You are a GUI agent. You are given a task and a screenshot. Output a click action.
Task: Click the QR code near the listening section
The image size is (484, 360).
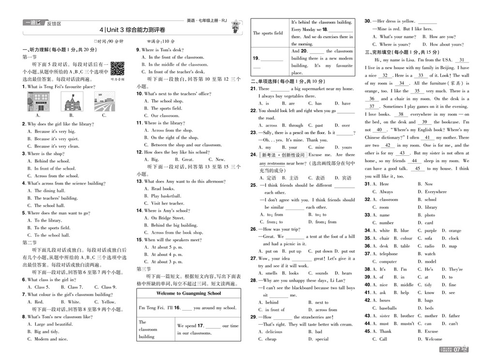(x=117, y=69)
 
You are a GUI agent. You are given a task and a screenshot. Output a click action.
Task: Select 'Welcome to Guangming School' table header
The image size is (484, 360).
(x=189, y=293)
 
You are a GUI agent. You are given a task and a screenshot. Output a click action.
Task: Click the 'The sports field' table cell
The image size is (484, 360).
(x=268, y=33)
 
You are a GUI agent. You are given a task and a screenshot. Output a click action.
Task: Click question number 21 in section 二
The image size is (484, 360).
(x=253, y=89)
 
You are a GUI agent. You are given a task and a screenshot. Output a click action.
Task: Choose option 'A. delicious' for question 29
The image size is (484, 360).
(x=271, y=332)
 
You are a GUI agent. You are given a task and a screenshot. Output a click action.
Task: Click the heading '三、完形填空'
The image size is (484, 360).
(x=386, y=52)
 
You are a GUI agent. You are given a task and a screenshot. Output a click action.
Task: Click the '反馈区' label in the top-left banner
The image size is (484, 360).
(x=54, y=23)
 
